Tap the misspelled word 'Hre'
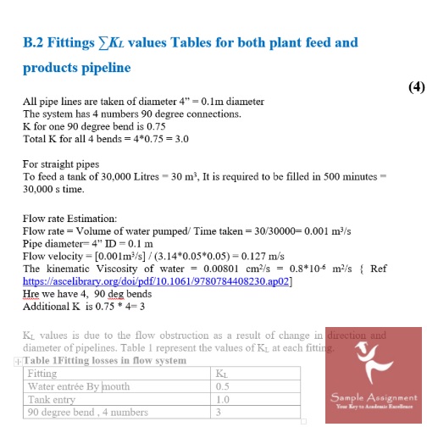31,293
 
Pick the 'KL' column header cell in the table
222,374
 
